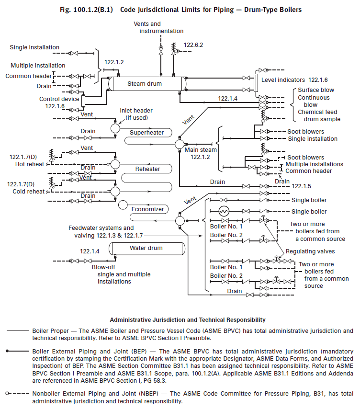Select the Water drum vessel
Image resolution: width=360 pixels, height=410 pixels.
click(x=146, y=248)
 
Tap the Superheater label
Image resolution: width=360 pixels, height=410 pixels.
click(x=147, y=133)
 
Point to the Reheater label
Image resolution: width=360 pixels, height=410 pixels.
click(x=147, y=169)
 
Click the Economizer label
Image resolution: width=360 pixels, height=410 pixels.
click(x=147, y=209)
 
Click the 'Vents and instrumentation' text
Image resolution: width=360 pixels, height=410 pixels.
click(x=161, y=27)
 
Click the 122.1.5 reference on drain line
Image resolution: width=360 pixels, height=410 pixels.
click(x=302, y=186)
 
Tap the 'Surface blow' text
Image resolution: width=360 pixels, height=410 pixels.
click(x=315, y=90)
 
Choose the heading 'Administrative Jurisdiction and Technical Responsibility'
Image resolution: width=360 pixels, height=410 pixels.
click(x=188, y=319)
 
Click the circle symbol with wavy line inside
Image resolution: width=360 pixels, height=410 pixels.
click(x=224, y=211)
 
